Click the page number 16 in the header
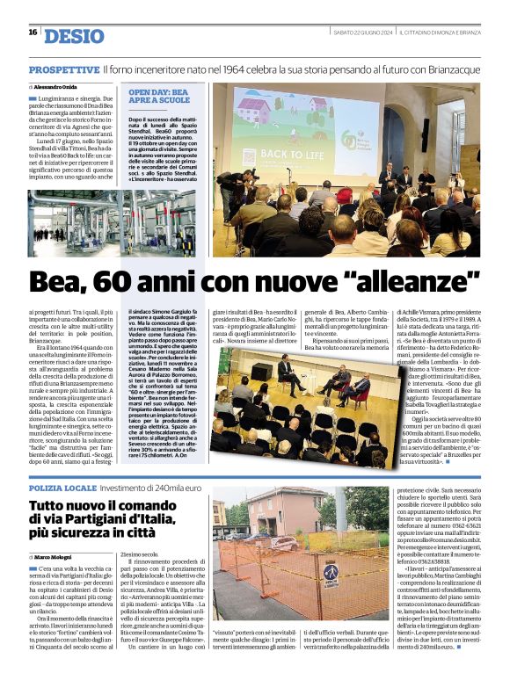(x=33, y=33)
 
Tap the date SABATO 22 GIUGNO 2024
(x=361, y=33)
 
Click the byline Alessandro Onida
(x=55, y=88)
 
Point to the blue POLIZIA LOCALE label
(x=62, y=487)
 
